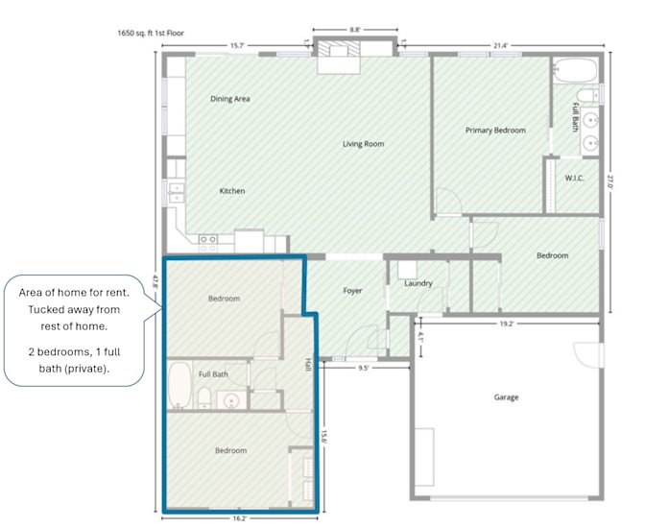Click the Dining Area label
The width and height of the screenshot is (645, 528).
[230, 99]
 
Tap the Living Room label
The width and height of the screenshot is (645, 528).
[363, 144]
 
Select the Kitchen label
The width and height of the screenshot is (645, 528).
[232, 191]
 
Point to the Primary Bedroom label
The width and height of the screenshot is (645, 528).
[495, 131]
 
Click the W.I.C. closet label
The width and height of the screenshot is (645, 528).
[574, 179]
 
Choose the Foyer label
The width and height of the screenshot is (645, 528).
[352, 291]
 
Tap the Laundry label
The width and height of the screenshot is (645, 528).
[418, 283]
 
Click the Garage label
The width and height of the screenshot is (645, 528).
[506, 397]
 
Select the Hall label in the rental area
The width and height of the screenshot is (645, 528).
[308, 365]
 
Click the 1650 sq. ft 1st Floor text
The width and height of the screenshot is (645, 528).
[151, 33]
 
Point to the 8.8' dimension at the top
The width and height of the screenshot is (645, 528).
[355, 30]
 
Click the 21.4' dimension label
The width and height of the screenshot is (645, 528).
[500, 46]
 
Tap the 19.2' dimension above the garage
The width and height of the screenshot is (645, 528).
[507, 324]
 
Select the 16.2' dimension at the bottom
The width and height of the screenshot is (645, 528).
[239, 518]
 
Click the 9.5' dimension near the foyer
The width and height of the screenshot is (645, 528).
[363, 368]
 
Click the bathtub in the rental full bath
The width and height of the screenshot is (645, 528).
[179, 385]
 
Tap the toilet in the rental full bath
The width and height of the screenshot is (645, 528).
[204, 398]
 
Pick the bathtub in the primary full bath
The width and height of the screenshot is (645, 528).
[575, 70]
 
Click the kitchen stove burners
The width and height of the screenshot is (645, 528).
[208, 243]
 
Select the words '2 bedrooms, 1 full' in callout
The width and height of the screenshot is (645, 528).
[75, 352]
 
